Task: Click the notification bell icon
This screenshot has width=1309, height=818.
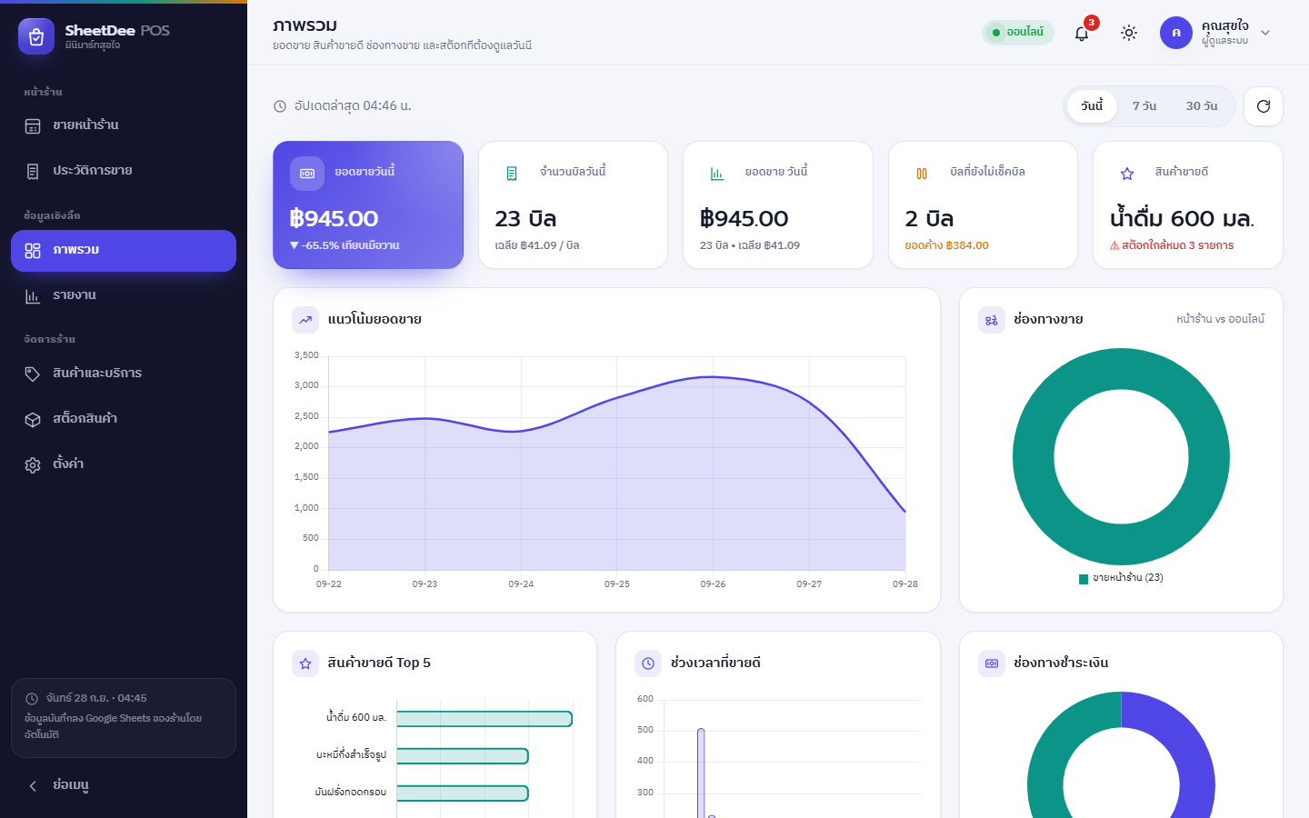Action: tap(1081, 34)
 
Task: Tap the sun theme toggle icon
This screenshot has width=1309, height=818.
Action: tap(1128, 33)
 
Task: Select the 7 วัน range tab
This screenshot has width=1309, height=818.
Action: tap(1144, 105)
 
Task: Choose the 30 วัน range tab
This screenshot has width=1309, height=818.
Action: tap(1202, 105)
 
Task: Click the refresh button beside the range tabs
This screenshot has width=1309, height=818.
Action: tap(1264, 106)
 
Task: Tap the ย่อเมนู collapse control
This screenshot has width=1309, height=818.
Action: tap(59, 784)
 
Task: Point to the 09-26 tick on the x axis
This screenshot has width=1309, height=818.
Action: tap(713, 584)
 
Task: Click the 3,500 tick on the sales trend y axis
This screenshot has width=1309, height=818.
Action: tap(306, 355)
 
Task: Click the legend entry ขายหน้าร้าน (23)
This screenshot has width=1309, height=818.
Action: tap(1121, 578)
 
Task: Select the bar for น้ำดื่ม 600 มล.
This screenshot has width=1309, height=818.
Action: tap(485, 719)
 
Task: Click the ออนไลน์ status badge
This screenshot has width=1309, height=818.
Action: tap(1018, 32)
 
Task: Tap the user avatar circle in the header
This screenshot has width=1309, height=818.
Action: tap(1175, 33)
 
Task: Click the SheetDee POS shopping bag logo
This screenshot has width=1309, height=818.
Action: tap(36, 36)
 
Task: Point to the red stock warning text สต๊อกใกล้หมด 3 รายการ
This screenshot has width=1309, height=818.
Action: tap(1172, 245)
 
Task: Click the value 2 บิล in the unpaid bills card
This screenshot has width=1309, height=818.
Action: tap(929, 218)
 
